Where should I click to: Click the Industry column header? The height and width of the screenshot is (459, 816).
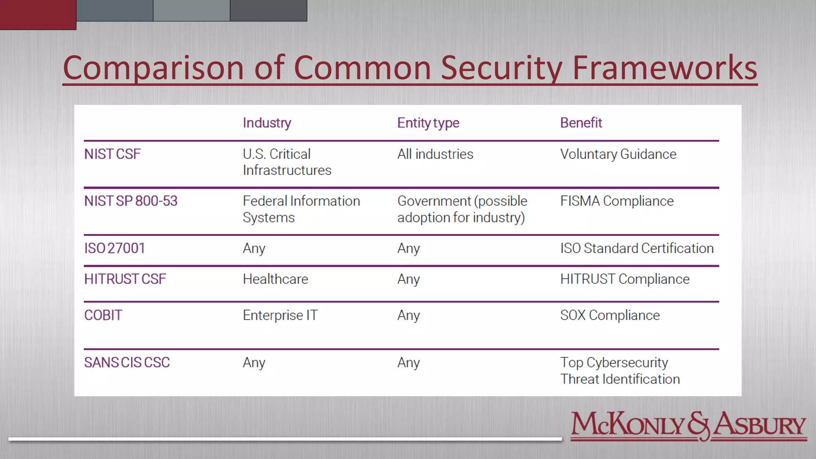(x=267, y=123)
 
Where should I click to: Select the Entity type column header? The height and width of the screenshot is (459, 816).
(x=428, y=123)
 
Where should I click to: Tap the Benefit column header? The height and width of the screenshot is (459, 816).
(x=581, y=123)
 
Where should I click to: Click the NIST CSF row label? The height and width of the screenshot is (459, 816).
(x=112, y=154)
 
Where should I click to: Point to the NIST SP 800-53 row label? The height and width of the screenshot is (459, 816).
(x=131, y=201)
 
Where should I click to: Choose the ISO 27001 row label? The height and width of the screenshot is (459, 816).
(x=114, y=248)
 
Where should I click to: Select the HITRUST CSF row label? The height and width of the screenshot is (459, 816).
(x=125, y=279)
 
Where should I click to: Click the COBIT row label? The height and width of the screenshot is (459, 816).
(x=103, y=315)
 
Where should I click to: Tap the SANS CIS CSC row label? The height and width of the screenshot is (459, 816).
(x=127, y=363)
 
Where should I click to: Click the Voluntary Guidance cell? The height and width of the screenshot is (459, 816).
(x=618, y=154)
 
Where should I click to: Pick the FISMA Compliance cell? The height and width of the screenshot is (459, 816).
(x=617, y=201)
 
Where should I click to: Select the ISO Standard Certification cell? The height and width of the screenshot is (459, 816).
(x=637, y=248)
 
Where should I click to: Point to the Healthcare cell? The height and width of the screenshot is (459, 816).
(x=275, y=279)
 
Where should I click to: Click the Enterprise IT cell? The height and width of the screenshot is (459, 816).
(x=280, y=315)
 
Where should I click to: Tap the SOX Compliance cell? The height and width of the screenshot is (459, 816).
(x=610, y=315)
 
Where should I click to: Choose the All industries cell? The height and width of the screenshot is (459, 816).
(x=435, y=154)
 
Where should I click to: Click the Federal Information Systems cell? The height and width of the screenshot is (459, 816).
(x=301, y=209)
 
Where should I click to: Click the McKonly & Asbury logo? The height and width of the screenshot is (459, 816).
(x=688, y=426)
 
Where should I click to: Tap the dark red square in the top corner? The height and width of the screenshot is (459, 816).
(x=38, y=14)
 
